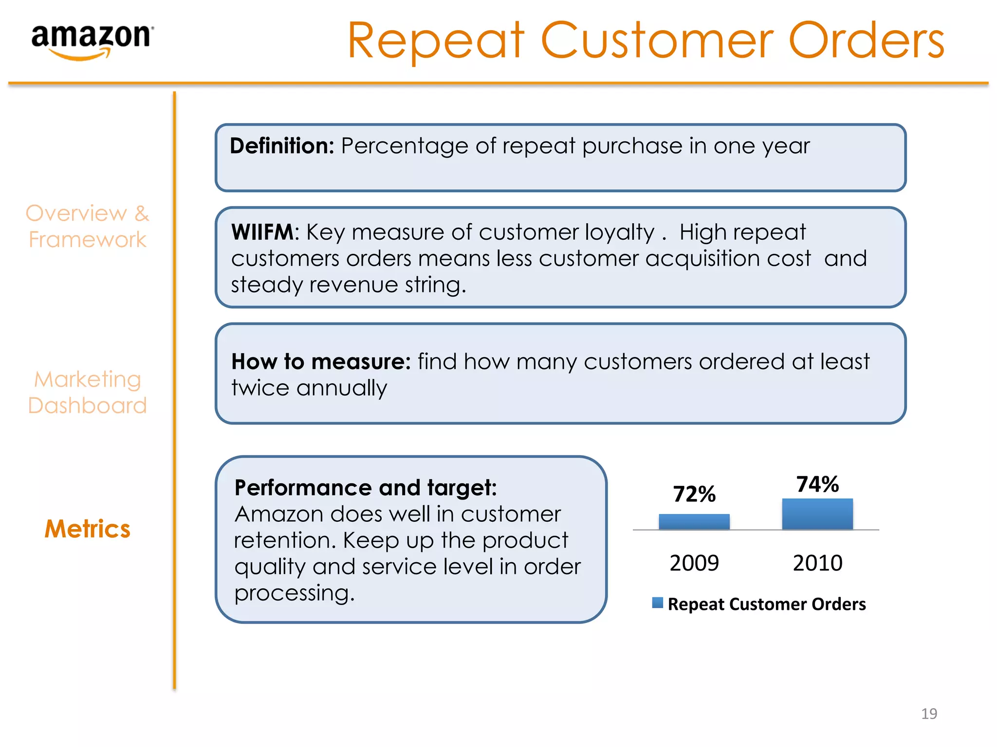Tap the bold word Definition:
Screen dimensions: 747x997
coord(282,146)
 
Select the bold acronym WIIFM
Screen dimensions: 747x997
coord(262,232)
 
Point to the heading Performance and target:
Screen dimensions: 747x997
coord(365,488)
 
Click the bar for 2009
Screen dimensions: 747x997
coord(694,522)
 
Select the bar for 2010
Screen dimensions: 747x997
coord(817,514)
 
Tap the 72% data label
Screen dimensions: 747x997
coord(694,494)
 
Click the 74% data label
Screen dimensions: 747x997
coord(817,484)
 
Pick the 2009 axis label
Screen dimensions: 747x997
coord(694,563)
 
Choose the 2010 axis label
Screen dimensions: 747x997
coord(817,563)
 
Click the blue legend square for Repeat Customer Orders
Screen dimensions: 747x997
coord(658,603)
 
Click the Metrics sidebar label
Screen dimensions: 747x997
coord(88,529)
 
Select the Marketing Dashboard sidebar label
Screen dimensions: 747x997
coord(88,392)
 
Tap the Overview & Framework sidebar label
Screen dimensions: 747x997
coord(88,227)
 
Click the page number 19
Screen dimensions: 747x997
coord(929,713)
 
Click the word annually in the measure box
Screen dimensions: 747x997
coord(341,389)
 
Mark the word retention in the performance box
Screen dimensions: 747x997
coord(284,541)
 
